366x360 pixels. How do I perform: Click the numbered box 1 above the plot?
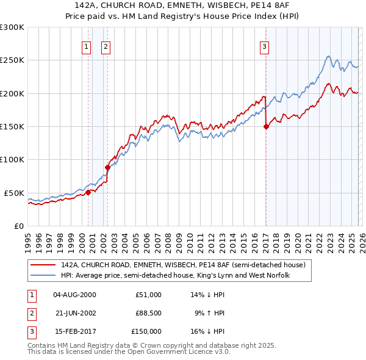point(86,46)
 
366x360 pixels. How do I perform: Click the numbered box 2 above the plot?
point(106,46)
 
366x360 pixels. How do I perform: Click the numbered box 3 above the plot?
point(265,46)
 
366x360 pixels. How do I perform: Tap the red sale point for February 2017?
point(266,127)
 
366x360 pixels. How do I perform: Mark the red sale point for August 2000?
point(88,192)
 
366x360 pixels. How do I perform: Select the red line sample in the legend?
point(43,265)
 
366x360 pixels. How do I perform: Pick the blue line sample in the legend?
point(43,276)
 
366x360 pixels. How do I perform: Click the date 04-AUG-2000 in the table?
point(74,295)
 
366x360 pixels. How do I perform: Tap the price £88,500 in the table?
point(148,313)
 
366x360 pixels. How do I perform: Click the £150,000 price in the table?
point(146,331)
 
